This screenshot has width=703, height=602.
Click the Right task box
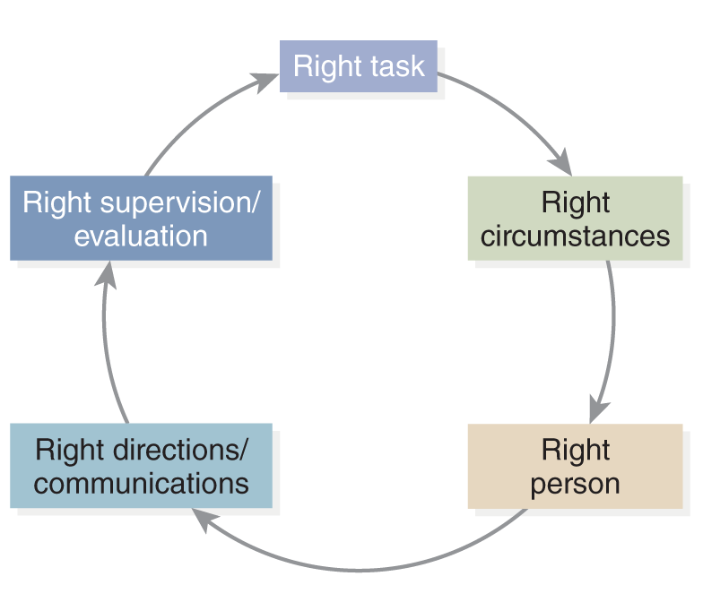[359, 66]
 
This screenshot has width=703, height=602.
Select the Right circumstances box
[576, 219]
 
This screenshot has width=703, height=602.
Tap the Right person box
[576, 466]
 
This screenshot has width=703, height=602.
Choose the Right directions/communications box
[142, 466]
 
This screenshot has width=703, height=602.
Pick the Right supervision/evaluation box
[142, 219]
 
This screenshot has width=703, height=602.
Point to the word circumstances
[576, 236]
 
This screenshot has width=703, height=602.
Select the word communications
[142, 484]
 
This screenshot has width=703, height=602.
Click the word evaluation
[142, 236]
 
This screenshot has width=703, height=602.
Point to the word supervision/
[179, 203]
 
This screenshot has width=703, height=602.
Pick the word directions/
[179, 450]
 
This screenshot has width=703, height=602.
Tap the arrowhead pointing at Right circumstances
[561, 162]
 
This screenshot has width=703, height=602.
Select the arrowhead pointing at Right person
[598, 409]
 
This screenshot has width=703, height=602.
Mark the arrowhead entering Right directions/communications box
[204, 520]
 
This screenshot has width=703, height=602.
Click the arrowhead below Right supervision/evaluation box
[106, 274]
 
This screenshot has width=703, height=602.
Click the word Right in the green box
[576, 202]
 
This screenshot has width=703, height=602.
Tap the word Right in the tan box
[576, 450]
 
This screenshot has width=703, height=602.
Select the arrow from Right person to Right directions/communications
[359, 570]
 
